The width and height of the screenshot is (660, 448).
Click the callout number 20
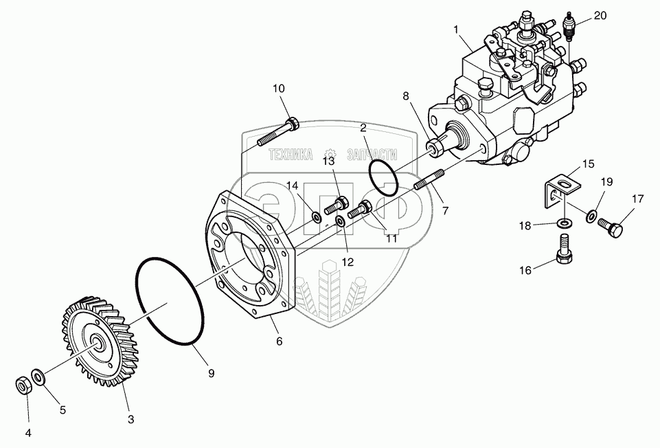600,16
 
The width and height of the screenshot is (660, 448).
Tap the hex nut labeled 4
23,385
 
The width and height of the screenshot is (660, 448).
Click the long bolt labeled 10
277,133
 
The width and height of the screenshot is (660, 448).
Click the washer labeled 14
316,218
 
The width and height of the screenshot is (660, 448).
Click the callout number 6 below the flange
279,341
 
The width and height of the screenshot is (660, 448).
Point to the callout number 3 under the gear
130,418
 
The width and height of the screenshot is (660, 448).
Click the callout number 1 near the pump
455,30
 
